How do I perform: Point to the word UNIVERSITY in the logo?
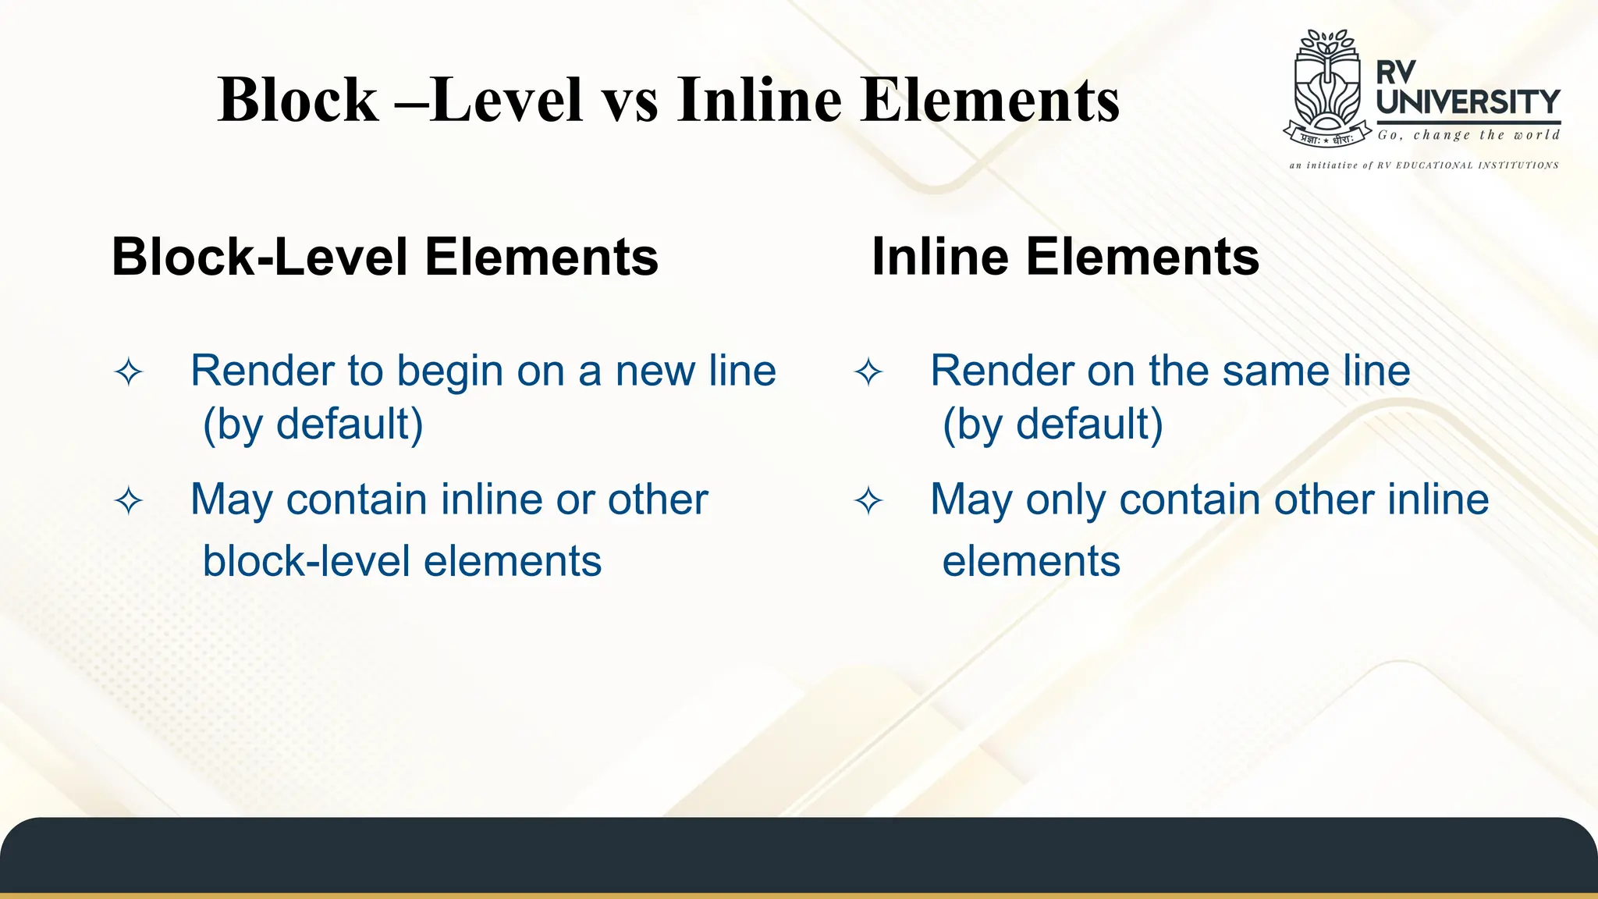(x=1468, y=102)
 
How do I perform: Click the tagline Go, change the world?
(x=1468, y=135)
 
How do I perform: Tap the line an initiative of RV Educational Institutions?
(x=1424, y=165)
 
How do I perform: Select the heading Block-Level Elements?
(x=385, y=257)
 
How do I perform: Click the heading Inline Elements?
(x=1065, y=257)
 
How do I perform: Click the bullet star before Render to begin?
(x=129, y=371)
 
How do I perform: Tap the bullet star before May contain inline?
(x=129, y=500)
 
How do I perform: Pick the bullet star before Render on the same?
(x=868, y=371)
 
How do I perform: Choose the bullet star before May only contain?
(x=868, y=500)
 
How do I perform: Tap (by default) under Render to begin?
(x=313, y=425)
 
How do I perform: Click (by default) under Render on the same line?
(x=1053, y=425)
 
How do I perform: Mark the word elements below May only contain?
(x=1031, y=561)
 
